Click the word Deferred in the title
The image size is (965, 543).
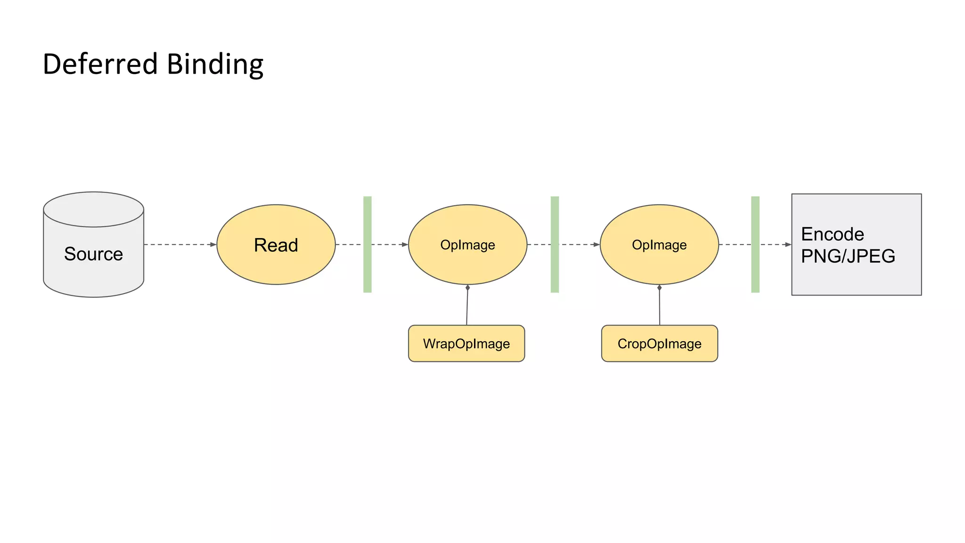click(100, 64)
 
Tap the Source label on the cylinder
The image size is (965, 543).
click(93, 254)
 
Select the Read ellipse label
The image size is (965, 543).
click(276, 245)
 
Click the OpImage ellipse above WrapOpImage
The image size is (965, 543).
click(467, 245)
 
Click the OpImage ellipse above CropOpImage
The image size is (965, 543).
click(659, 245)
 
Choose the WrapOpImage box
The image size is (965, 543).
click(466, 344)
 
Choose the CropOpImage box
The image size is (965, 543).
click(659, 344)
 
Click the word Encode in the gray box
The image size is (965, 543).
click(832, 234)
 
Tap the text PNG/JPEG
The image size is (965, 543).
click(848, 256)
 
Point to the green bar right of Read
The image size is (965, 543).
click(368, 245)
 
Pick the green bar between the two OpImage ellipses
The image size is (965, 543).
click(555, 245)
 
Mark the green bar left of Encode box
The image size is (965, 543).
click(755, 245)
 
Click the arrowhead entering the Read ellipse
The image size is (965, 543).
click(213, 245)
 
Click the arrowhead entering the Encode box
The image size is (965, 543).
click(788, 245)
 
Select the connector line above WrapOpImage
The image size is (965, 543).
click(467, 306)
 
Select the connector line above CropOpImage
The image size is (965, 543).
click(659, 306)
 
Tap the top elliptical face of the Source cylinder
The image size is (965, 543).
click(93, 209)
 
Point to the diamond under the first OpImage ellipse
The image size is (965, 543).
click(467, 288)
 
